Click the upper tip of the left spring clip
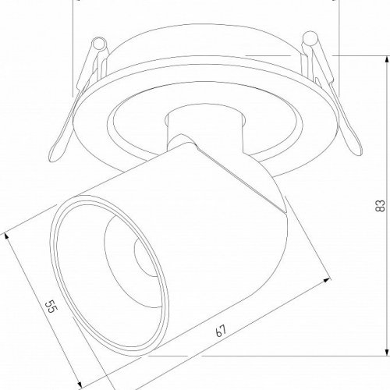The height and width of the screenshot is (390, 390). (x=99, y=41)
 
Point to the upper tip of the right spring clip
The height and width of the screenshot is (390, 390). (x=309, y=37)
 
